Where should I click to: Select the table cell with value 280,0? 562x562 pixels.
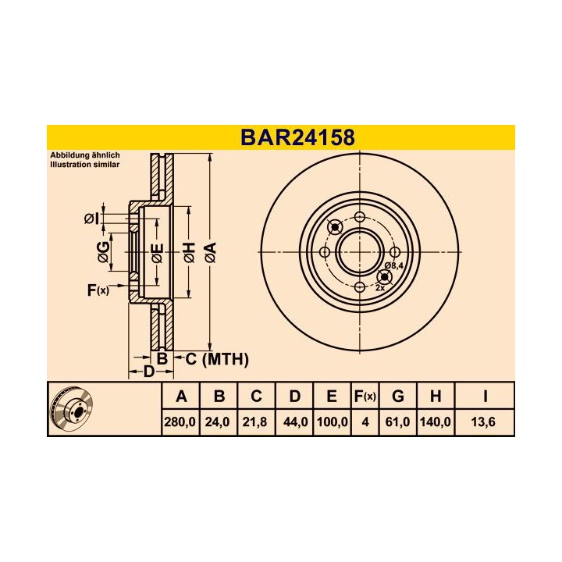pos(181,422)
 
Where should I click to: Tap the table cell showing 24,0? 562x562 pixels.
pos(219,422)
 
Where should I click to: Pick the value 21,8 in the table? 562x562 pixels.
pos(256,422)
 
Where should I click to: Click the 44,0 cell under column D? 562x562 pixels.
pos(294,422)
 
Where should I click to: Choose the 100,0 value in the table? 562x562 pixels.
pos(332,422)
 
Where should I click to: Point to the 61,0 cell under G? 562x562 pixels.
pos(397,422)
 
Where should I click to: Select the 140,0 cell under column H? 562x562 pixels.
pos(436,422)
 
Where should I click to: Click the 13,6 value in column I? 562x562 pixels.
pos(485,422)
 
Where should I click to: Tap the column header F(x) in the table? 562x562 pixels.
pos(365,397)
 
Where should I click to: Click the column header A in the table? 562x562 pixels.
pos(181,397)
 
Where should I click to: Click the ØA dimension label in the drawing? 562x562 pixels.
pos(209,252)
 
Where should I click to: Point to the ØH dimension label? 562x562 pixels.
pos(188,252)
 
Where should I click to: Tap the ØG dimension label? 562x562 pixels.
pos(103,252)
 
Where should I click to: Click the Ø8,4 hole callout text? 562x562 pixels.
pos(395,266)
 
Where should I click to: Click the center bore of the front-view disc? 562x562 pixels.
pos(358,252)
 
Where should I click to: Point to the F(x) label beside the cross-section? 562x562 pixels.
pos(98,290)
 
